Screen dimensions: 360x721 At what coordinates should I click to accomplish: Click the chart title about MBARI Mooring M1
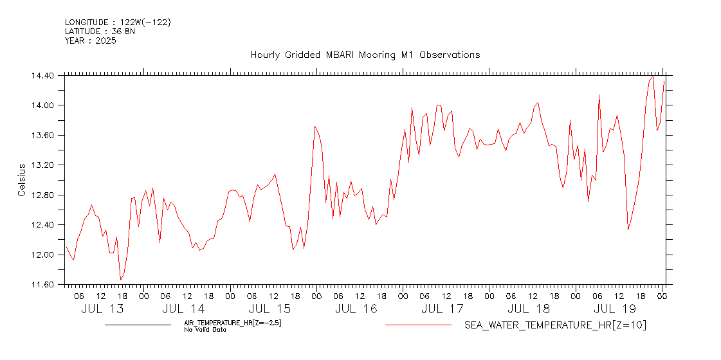[365, 55]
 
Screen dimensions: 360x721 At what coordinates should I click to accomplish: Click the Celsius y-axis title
[21, 180]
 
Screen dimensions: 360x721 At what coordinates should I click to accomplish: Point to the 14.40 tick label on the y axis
[42, 75]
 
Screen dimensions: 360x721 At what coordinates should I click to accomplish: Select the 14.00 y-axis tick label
[42, 105]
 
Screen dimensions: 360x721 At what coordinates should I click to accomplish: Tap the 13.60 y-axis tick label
[42, 135]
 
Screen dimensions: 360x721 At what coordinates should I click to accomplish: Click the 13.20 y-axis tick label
[42, 165]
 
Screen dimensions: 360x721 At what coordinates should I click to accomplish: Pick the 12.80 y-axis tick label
[42, 195]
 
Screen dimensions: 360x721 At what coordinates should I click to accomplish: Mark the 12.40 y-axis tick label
[42, 225]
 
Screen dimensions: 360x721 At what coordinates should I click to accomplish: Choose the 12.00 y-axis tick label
[42, 255]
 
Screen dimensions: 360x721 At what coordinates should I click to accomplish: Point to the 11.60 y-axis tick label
[42, 285]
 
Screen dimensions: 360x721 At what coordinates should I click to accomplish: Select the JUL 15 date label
[273, 309]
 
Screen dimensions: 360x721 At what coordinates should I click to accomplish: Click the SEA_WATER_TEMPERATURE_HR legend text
[555, 325]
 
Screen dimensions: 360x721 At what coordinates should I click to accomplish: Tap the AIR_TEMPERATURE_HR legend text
[233, 323]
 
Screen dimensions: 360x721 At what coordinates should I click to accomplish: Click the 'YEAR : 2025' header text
[90, 40]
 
